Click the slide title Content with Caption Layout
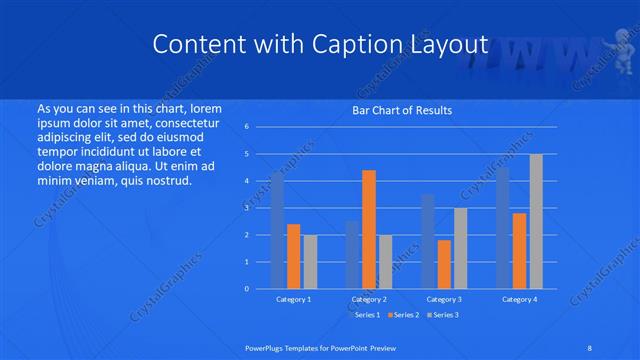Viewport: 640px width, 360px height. [x=320, y=45]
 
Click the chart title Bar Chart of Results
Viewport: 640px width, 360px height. [x=402, y=110]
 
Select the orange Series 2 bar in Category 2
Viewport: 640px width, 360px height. [x=369, y=230]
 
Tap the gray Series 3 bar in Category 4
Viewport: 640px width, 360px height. [x=536, y=222]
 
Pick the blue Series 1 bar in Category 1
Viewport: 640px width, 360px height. [x=277, y=231]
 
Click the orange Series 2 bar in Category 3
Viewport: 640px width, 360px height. [x=444, y=265]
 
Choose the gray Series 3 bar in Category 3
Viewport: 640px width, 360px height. [x=460, y=248]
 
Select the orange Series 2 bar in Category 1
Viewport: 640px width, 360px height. [x=293, y=257]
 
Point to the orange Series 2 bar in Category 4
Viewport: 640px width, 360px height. [x=520, y=251]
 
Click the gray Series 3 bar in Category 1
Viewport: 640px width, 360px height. [x=310, y=262]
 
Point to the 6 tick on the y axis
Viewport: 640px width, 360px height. [x=246, y=127]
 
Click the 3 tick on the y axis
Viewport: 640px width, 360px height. [x=246, y=208]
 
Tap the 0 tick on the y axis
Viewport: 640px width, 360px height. [x=246, y=289]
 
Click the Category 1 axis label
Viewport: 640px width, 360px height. [x=293, y=299]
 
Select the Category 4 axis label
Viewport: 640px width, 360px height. [x=520, y=299]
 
